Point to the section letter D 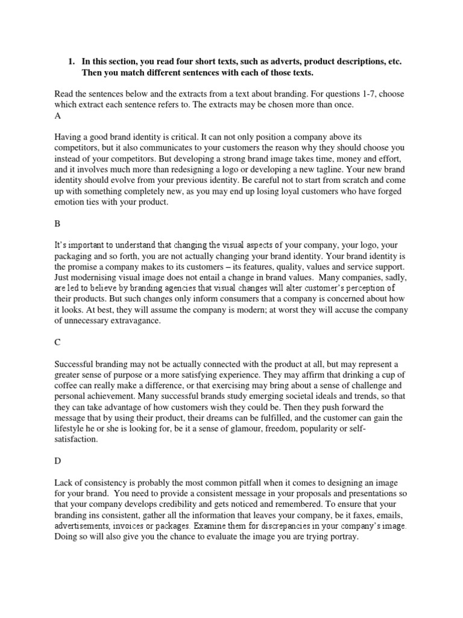(57, 459)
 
